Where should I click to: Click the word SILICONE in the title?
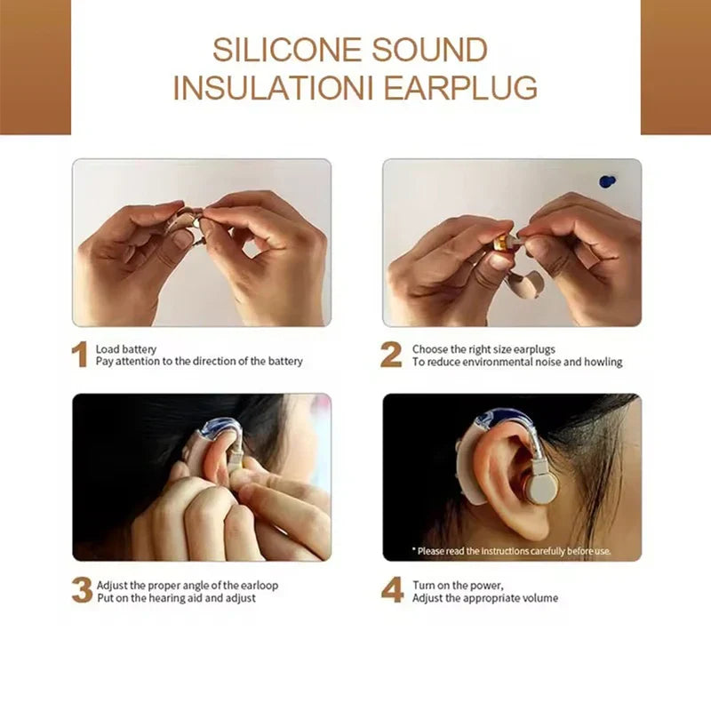[x=284, y=50]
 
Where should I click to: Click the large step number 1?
[x=80, y=355]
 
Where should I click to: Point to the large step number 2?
[x=391, y=355]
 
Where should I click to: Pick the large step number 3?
[x=81, y=591]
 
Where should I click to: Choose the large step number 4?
[x=392, y=591]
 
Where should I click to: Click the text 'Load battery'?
[x=126, y=349]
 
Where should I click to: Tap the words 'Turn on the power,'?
[x=457, y=585]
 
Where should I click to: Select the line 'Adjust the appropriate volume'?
[x=485, y=598]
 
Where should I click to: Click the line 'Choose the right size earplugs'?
[x=483, y=349]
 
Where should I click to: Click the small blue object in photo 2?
[x=607, y=181]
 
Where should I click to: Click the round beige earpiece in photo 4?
[x=539, y=486]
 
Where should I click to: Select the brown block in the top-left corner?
[x=35, y=67]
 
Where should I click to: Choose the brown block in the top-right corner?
[x=675, y=67]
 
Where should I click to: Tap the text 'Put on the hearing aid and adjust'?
[x=176, y=598]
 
